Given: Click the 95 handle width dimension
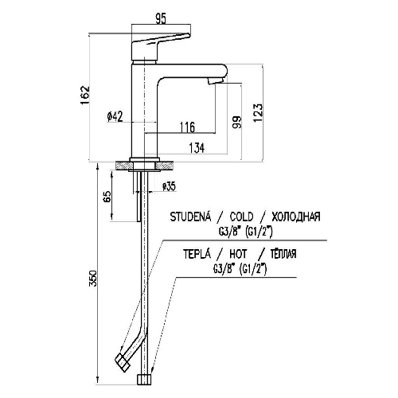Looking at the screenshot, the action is pos(161,19).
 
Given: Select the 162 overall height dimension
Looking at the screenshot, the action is pos(85,95).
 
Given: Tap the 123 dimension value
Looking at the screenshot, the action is pos(258,112).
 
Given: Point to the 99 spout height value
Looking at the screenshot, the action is pos(237,122).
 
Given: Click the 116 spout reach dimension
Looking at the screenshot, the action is pos(187,127).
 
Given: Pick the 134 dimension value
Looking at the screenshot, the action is pos(197,148).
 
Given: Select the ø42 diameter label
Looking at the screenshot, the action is pos(115,116).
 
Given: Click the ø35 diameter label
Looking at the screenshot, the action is pos(169,186).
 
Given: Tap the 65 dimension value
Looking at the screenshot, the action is pos(107,197).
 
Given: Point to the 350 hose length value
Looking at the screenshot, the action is pos(93,279).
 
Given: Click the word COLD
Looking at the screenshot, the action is pos(241,217).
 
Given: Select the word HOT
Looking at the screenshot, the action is pos(238,254).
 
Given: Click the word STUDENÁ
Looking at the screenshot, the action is pos(190,217).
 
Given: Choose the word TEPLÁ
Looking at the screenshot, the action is pos(197,253).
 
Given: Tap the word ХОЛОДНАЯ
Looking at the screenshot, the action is pos(296,217).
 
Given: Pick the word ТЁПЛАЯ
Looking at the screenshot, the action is pos(283,254).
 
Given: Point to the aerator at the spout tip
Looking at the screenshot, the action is pos(217,80).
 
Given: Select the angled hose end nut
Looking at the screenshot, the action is pos(123,363).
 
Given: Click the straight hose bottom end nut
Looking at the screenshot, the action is pos(144,380).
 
